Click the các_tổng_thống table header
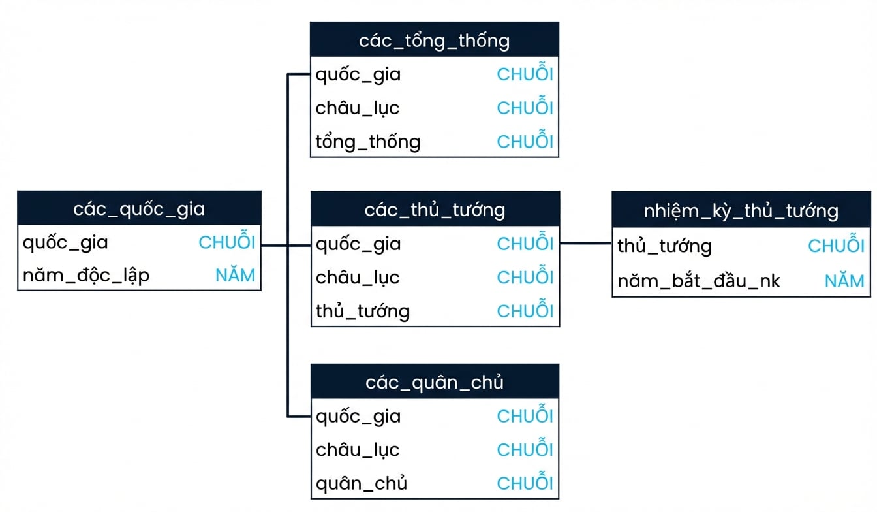click(435, 39)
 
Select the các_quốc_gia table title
click(139, 209)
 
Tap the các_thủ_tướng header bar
click(435, 209)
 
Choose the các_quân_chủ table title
click(435, 382)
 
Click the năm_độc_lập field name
click(86, 276)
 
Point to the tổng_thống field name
click(368, 142)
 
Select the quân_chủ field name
click(362, 483)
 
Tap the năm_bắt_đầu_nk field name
click(698, 281)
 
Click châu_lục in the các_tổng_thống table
click(358, 108)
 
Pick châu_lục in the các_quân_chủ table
click(358, 450)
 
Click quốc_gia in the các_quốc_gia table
click(65, 243)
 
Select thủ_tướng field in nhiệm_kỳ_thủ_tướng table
click(664, 246)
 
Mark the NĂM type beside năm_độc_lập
click(236, 274)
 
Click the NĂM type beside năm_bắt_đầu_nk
click(844, 280)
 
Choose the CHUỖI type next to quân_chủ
click(525, 481)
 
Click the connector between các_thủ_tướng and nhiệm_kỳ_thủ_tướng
click(586, 244)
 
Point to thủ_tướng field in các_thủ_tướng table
click(363, 312)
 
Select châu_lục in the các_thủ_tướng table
click(358, 278)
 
